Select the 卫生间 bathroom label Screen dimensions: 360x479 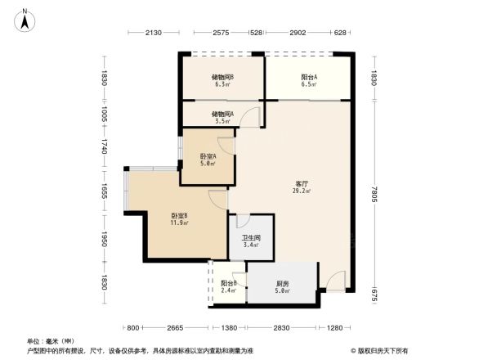pyautogui.click(x=250, y=238)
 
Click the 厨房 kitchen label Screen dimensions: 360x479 pyautogui.click(x=282, y=282)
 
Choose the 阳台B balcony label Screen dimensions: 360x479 pyautogui.click(x=229, y=283)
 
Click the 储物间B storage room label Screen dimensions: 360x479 pyautogui.click(x=223, y=77)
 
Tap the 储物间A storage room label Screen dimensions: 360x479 pyautogui.click(x=222, y=114)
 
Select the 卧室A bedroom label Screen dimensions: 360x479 pyautogui.click(x=208, y=156)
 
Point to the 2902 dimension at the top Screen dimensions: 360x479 pyautogui.click(x=298, y=34)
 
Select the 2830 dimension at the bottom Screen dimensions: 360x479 pyautogui.click(x=282, y=328)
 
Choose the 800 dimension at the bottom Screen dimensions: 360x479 pyautogui.click(x=135, y=328)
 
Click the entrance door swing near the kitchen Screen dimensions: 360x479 pyautogui.click(x=336, y=283)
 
